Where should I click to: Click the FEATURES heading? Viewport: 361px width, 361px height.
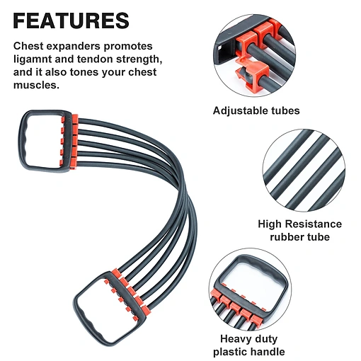click(x=71, y=21)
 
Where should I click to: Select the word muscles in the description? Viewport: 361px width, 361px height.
click(x=36, y=85)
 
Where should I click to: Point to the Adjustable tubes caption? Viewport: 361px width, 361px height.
click(x=256, y=110)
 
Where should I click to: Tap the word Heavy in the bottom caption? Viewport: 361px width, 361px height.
click(x=236, y=339)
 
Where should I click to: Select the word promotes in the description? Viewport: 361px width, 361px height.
click(x=128, y=47)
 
